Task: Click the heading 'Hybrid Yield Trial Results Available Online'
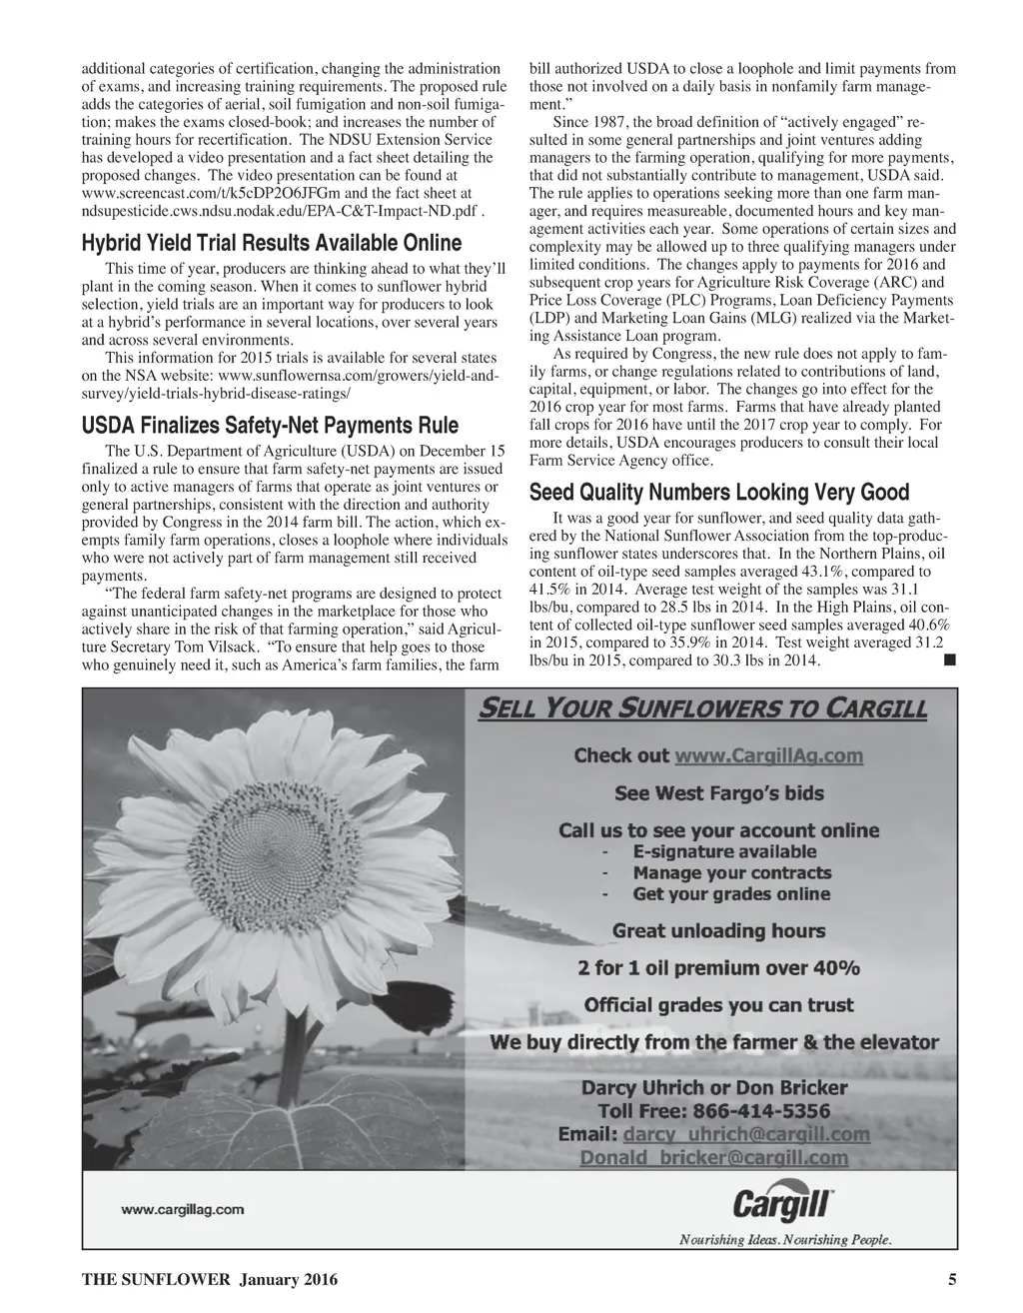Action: [271, 244]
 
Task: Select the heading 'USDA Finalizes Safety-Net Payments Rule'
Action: [270, 426]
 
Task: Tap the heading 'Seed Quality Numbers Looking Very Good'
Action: [719, 493]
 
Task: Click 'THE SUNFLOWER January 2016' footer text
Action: [209, 1280]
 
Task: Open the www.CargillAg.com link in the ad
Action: [768, 756]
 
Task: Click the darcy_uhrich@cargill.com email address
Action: [745, 1135]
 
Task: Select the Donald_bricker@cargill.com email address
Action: [714, 1159]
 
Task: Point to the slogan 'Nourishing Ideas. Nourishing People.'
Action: [785, 1240]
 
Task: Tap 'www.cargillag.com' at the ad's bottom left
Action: [183, 1209]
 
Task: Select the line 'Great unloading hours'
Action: [719, 931]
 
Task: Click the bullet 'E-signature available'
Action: [724, 852]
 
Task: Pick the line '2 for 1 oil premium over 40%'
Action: [719, 968]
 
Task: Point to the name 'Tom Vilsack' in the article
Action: [205, 647]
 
